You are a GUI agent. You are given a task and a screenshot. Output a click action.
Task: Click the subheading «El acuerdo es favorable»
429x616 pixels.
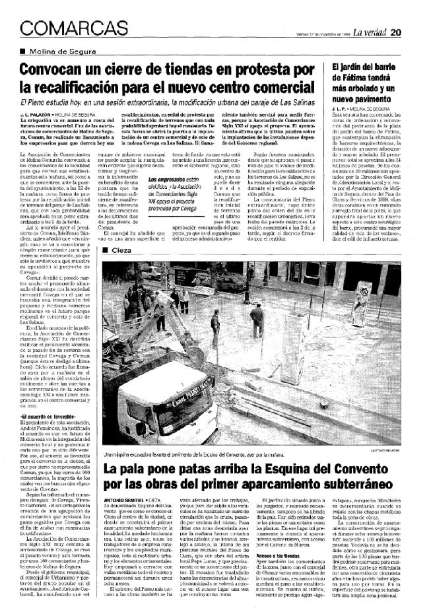[x=46, y=416]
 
